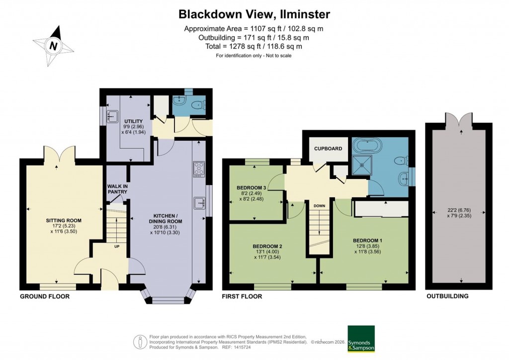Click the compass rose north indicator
[x=53, y=46]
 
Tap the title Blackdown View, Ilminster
[x=254, y=14]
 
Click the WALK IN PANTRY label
[x=117, y=189]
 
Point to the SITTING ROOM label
[x=64, y=220]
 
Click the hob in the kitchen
[x=199, y=169]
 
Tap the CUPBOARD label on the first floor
[x=328, y=149]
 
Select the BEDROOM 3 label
[x=252, y=187]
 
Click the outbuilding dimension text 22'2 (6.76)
[x=458, y=209]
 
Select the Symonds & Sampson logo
[x=360, y=338]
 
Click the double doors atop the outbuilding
[x=458, y=121]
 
